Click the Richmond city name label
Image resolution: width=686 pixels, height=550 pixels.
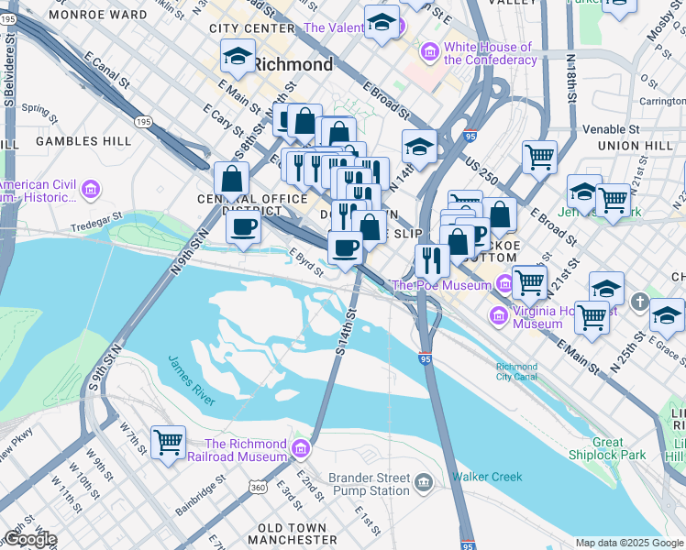point(293,65)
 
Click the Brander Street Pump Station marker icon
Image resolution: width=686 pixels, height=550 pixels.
point(424,482)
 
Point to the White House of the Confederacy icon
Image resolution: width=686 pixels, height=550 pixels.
point(429,53)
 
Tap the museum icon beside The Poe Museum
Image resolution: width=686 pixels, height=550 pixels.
point(504,284)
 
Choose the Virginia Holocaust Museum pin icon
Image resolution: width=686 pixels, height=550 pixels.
point(499,317)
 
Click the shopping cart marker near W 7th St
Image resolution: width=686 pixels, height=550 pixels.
point(169,443)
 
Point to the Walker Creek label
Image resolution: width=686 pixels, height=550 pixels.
point(486,477)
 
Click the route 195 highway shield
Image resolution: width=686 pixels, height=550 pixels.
point(143,121)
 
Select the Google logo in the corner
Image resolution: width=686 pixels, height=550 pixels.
point(29,539)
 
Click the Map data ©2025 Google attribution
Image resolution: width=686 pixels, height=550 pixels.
point(629,543)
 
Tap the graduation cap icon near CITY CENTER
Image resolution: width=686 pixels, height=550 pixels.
point(238,56)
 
